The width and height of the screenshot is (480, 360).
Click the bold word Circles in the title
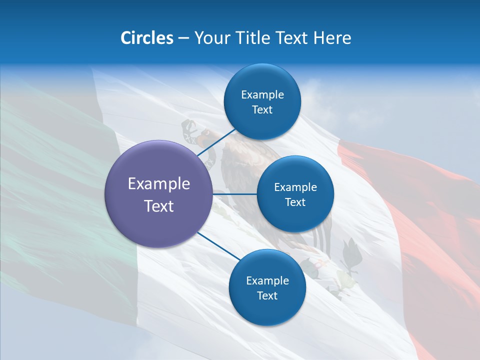point(146,37)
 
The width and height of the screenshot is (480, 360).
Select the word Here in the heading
point(332,37)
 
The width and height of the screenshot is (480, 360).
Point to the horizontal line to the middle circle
point(235,194)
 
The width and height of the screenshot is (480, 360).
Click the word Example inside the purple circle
point(159,184)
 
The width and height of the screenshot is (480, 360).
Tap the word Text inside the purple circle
point(159,206)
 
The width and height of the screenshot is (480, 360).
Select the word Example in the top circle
point(262,94)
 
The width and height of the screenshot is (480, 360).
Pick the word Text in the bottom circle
point(267,295)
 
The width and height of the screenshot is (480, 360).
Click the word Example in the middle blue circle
point(295,187)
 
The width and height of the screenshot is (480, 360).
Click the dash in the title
point(183,38)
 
